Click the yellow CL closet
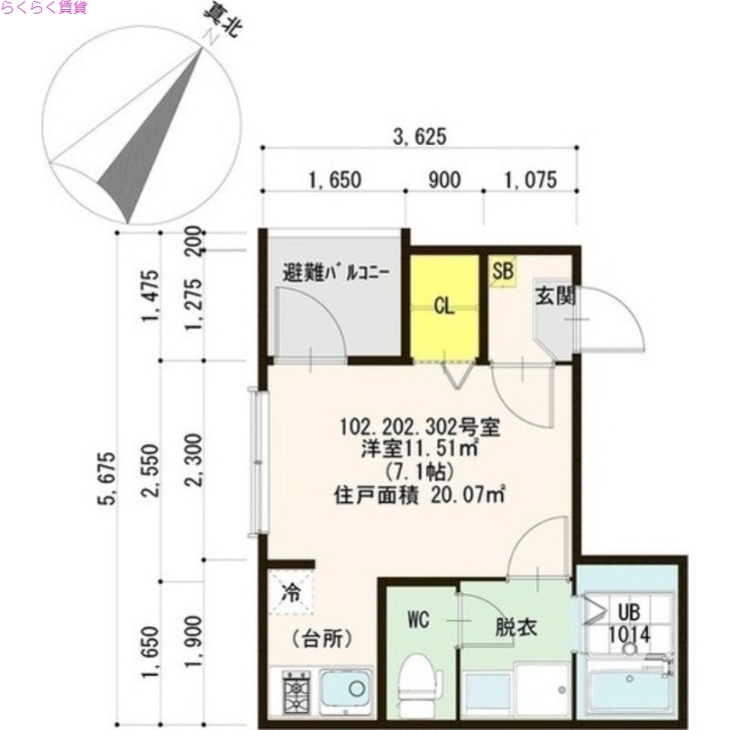[444, 307]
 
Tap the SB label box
[503, 271]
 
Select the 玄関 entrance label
[554, 296]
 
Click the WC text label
[418, 620]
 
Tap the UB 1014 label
[629, 623]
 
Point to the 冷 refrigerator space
[291, 593]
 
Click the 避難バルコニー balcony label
[337, 272]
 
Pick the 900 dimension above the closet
[443, 180]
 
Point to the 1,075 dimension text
[529, 180]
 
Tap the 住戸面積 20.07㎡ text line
[420, 496]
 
